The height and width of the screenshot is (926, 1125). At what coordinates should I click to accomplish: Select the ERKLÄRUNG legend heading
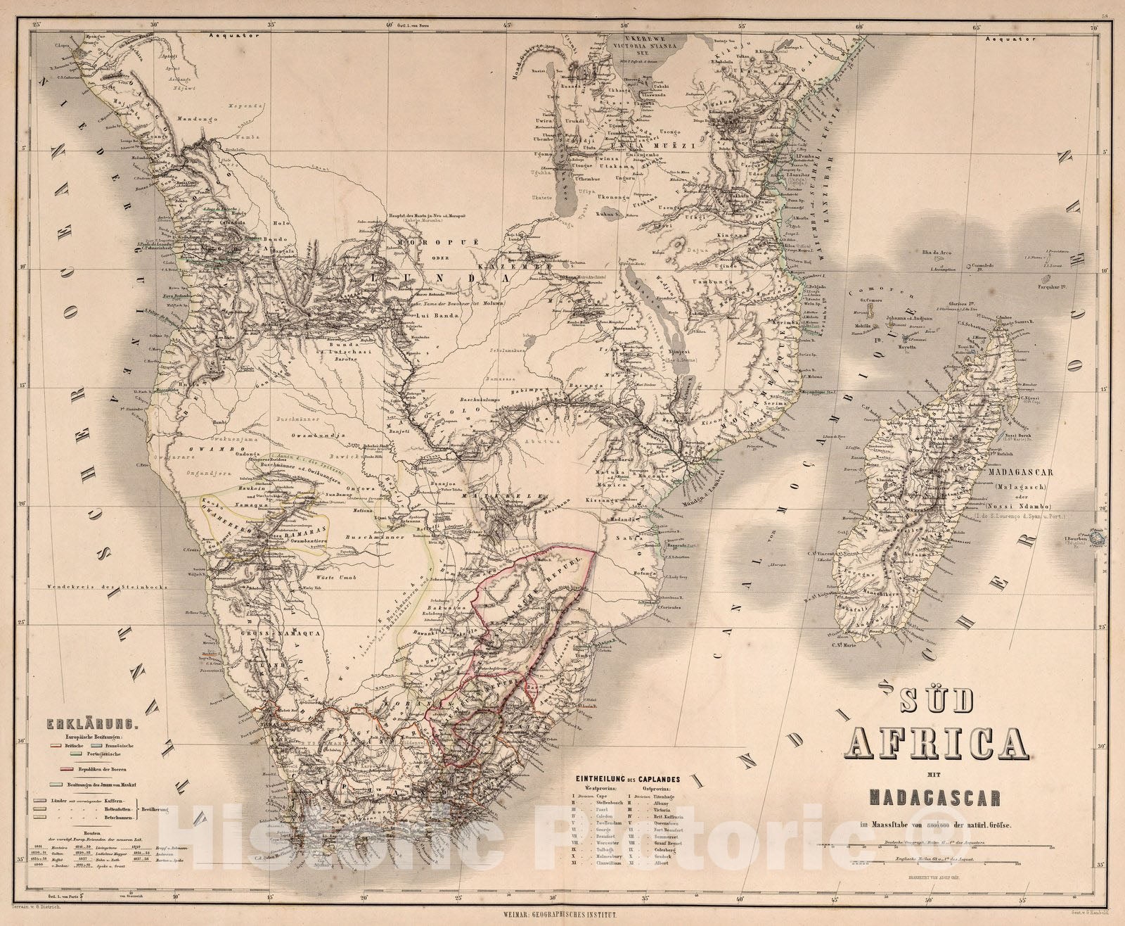(x=77, y=722)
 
